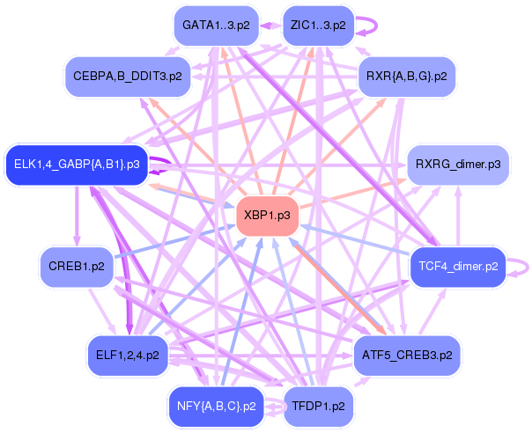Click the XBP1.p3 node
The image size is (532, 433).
coord(268,216)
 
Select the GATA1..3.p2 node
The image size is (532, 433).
coord(216,26)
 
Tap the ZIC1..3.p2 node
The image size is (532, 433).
coord(318,26)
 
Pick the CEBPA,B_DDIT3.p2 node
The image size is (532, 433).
coord(128,77)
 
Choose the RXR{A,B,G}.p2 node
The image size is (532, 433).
coord(406,77)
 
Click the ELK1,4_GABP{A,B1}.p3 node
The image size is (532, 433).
coord(77,165)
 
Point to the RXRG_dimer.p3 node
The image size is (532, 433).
coord(458,165)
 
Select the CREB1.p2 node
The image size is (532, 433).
coord(77,267)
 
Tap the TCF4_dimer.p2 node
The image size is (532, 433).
coord(458,267)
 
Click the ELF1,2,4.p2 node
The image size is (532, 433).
coord(128,356)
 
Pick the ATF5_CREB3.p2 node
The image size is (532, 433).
coord(407,356)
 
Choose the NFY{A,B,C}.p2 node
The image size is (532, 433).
coord(217,407)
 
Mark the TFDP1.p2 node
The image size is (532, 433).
coord(318,407)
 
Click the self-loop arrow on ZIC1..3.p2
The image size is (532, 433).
coord(376,26)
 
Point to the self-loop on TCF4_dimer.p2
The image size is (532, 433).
coord(528,267)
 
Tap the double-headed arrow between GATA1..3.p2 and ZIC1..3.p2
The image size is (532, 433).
coord(270,26)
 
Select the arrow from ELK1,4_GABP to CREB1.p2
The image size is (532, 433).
coord(77,216)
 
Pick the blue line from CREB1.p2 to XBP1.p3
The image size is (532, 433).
coord(174,241)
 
